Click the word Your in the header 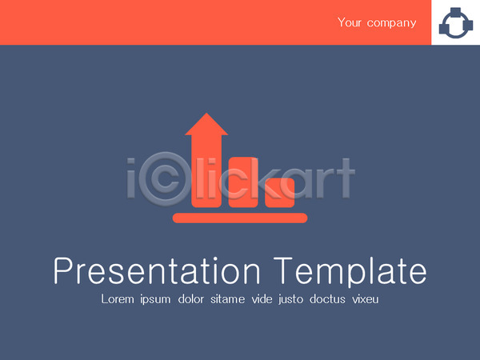pos(350,22)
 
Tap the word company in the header pos(391,23)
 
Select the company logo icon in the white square pos(455,23)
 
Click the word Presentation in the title pos(157,271)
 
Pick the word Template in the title pos(350,273)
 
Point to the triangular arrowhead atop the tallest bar pos(206,124)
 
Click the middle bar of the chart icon pos(243,182)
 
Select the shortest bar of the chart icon pos(280,193)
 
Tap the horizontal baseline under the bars pos(240,218)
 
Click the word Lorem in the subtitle pos(118,299)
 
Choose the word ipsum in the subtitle pos(155,300)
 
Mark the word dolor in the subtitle pos(191,299)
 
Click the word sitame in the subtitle pos(227,299)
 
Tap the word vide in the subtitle pos(262,299)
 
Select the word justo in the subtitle pos(291,300)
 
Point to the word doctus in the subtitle pos(327,299)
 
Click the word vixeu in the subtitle pos(366,299)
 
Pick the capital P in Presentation pos(62,271)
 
